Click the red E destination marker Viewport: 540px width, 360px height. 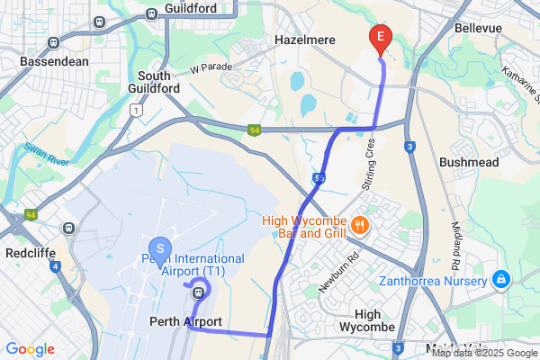[380, 37]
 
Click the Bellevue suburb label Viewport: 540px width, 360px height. [479, 29]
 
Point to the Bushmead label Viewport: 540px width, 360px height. [468, 162]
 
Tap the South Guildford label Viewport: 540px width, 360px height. [158, 82]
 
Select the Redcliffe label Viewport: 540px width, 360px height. [28, 252]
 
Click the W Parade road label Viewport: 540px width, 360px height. [211, 67]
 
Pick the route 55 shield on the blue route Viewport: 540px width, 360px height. [319, 180]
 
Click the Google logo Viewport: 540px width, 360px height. [31, 349]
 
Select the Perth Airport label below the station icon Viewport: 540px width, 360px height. [185, 321]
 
